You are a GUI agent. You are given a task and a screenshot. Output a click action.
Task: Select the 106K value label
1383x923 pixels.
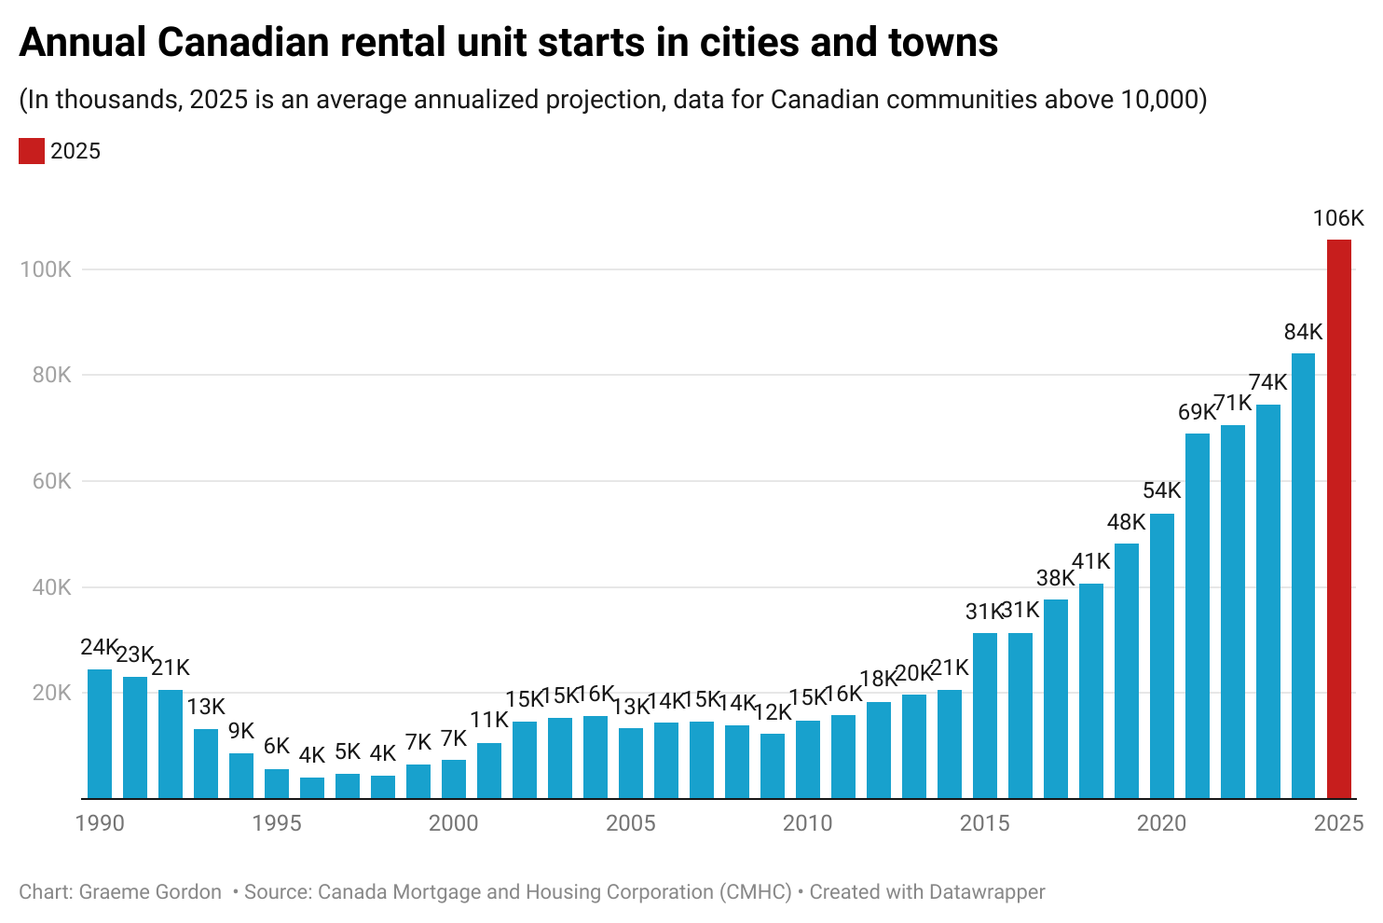[1338, 219]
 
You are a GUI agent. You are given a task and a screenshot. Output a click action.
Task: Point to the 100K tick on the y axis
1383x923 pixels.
[46, 269]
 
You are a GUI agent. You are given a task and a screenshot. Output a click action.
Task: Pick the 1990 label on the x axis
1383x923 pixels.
[100, 823]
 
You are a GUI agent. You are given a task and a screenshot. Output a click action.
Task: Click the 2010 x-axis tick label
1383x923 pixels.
[807, 823]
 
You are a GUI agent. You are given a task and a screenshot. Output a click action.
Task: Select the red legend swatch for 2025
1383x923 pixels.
[32, 151]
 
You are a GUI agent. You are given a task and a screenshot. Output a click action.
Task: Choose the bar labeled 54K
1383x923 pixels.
[1162, 656]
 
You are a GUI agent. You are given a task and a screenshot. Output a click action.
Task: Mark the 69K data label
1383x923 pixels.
[1197, 412]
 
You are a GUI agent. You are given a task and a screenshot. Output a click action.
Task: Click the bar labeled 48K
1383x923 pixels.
[1127, 671]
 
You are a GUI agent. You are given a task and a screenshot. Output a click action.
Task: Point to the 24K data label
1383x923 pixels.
[99, 647]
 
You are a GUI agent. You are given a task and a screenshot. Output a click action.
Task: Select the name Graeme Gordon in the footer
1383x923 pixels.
[150, 892]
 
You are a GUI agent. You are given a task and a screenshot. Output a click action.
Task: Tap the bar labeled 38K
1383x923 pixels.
[1056, 699]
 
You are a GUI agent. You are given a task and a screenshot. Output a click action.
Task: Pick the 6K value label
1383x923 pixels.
[277, 747]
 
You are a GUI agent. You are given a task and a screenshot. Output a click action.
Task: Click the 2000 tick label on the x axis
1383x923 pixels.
[454, 823]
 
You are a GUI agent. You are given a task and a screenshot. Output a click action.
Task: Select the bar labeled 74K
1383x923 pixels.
[1268, 601]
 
